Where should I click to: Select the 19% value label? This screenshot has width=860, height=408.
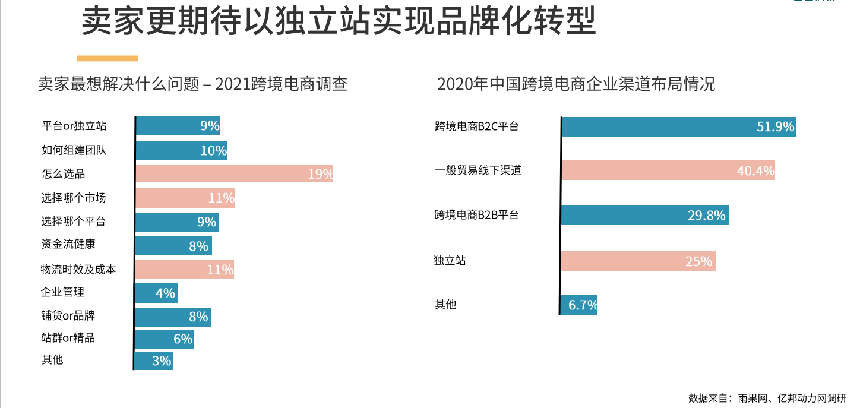(320, 175)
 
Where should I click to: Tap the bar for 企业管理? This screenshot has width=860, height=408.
(156, 293)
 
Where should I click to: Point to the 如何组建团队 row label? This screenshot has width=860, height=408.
(74, 150)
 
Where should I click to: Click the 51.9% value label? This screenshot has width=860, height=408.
(775, 126)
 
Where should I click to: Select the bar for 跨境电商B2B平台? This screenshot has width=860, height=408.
(644, 215)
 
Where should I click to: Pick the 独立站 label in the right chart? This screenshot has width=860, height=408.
(450, 260)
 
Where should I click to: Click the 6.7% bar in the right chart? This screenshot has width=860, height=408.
(578, 305)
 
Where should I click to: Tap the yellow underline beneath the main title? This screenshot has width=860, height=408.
(107, 58)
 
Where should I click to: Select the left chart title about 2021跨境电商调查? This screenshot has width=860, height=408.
(192, 84)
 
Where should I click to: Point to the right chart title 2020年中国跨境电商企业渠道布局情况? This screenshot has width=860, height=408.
(576, 84)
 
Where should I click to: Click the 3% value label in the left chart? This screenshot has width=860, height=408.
(162, 360)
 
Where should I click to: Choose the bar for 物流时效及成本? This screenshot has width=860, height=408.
(184, 269)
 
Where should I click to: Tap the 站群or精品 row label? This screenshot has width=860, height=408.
(68, 338)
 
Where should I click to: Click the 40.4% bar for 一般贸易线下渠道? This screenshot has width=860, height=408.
(668, 170)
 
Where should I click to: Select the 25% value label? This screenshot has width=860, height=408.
(698, 261)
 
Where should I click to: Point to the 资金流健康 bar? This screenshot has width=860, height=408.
(173, 245)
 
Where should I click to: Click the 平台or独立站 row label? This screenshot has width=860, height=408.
(74, 126)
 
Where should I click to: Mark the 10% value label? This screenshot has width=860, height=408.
(213, 150)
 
